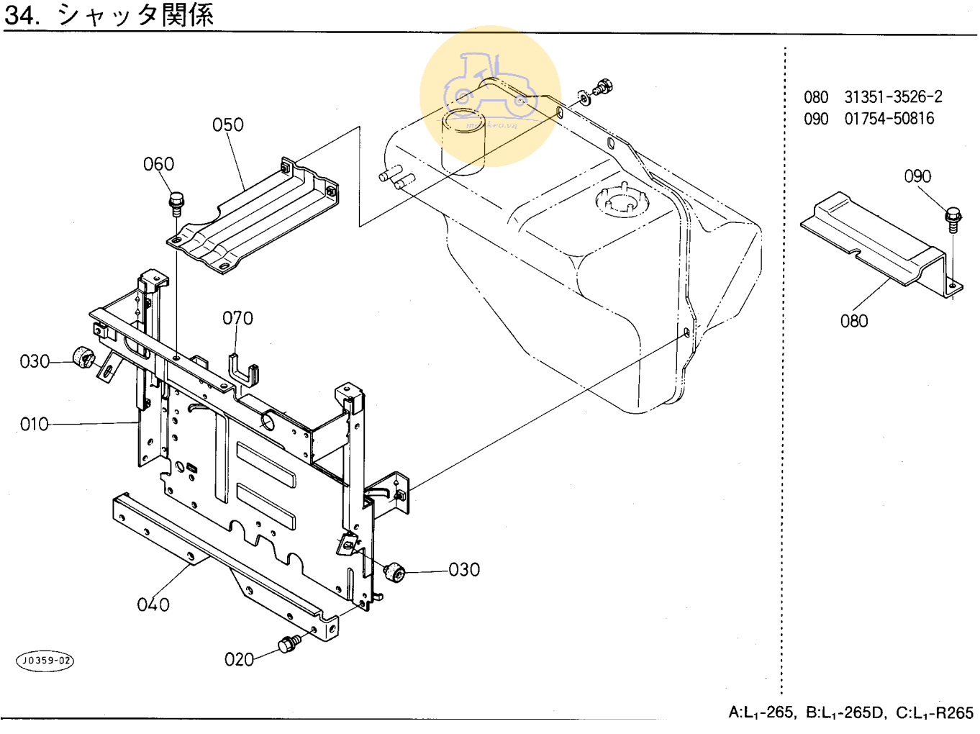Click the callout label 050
point(227,125)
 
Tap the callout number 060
point(158,165)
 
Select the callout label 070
point(237,318)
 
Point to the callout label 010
point(35,425)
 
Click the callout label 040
point(153,604)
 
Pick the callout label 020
point(239,659)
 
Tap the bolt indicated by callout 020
point(290,643)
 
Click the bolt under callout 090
point(953,219)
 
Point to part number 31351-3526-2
point(893,97)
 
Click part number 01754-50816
point(889,119)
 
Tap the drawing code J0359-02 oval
point(45,661)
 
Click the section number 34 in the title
point(21,14)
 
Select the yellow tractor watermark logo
point(490,96)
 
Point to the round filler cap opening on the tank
point(621,200)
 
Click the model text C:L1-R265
point(934,713)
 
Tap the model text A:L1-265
point(761,713)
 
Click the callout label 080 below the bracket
point(854,321)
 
